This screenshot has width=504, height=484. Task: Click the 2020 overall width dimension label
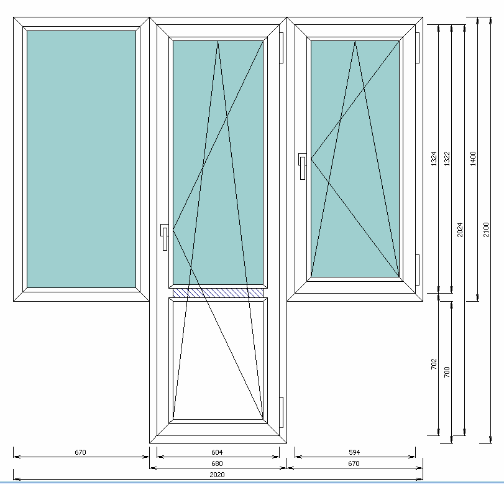[x=217, y=475]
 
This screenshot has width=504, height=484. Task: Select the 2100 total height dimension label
[x=486, y=230]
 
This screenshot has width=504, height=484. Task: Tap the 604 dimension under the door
[x=217, y=452]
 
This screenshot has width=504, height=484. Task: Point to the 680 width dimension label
[x=217, y=463]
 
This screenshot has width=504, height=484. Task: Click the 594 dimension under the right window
[x=354, y=452]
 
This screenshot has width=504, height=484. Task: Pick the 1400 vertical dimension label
[x=473, y=159]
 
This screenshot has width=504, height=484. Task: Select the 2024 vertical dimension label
[x=460, y=230]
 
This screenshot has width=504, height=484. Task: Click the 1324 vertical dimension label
[x=434, y=159]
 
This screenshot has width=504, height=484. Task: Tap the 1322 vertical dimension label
[x=447, y=159]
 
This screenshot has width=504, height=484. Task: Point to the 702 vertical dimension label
[x=434, y=364]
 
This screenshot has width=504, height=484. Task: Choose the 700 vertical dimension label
[x=447, y=372]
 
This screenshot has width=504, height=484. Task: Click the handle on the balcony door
[x=164, y=237]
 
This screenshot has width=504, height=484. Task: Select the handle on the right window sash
[x=303, y=166]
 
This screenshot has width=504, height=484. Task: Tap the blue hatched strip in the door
[x=218, y=293]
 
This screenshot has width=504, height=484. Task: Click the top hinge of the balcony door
[x=282, y=48]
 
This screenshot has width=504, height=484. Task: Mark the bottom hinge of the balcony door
[x=282, y=412]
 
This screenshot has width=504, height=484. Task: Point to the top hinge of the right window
[x=418, y=48]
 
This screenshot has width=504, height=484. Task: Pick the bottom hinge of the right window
[x=418, y=269]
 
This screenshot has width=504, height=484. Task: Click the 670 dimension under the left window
[x=80, y=452]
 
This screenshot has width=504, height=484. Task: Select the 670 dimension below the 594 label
[x=354, y=463]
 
